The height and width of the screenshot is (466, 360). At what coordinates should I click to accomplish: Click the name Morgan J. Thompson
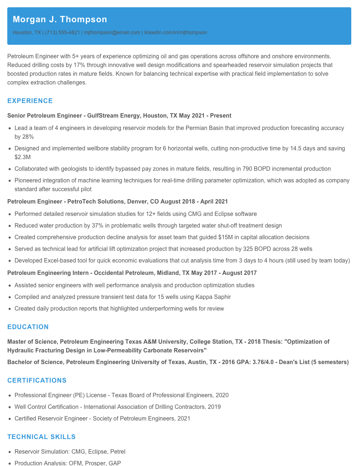(60, 19)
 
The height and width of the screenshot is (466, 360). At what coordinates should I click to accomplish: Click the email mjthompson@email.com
(112, 32)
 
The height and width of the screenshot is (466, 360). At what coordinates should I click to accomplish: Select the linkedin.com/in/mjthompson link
(175, 32)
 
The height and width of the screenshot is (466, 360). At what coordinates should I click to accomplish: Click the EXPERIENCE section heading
(30, 101)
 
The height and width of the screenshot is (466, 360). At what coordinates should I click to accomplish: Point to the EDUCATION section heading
(28, 327)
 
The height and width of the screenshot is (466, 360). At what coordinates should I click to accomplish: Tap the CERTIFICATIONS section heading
(37, 380)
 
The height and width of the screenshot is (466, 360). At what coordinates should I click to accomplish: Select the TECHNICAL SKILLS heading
(41, 437)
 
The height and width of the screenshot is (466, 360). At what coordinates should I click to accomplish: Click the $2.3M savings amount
(23, 157)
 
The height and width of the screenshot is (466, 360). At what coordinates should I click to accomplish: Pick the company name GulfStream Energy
(114, 116)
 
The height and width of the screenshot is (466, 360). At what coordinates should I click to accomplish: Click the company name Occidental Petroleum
(124, 273)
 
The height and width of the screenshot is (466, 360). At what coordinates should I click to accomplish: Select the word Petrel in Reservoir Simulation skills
(118, 452)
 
